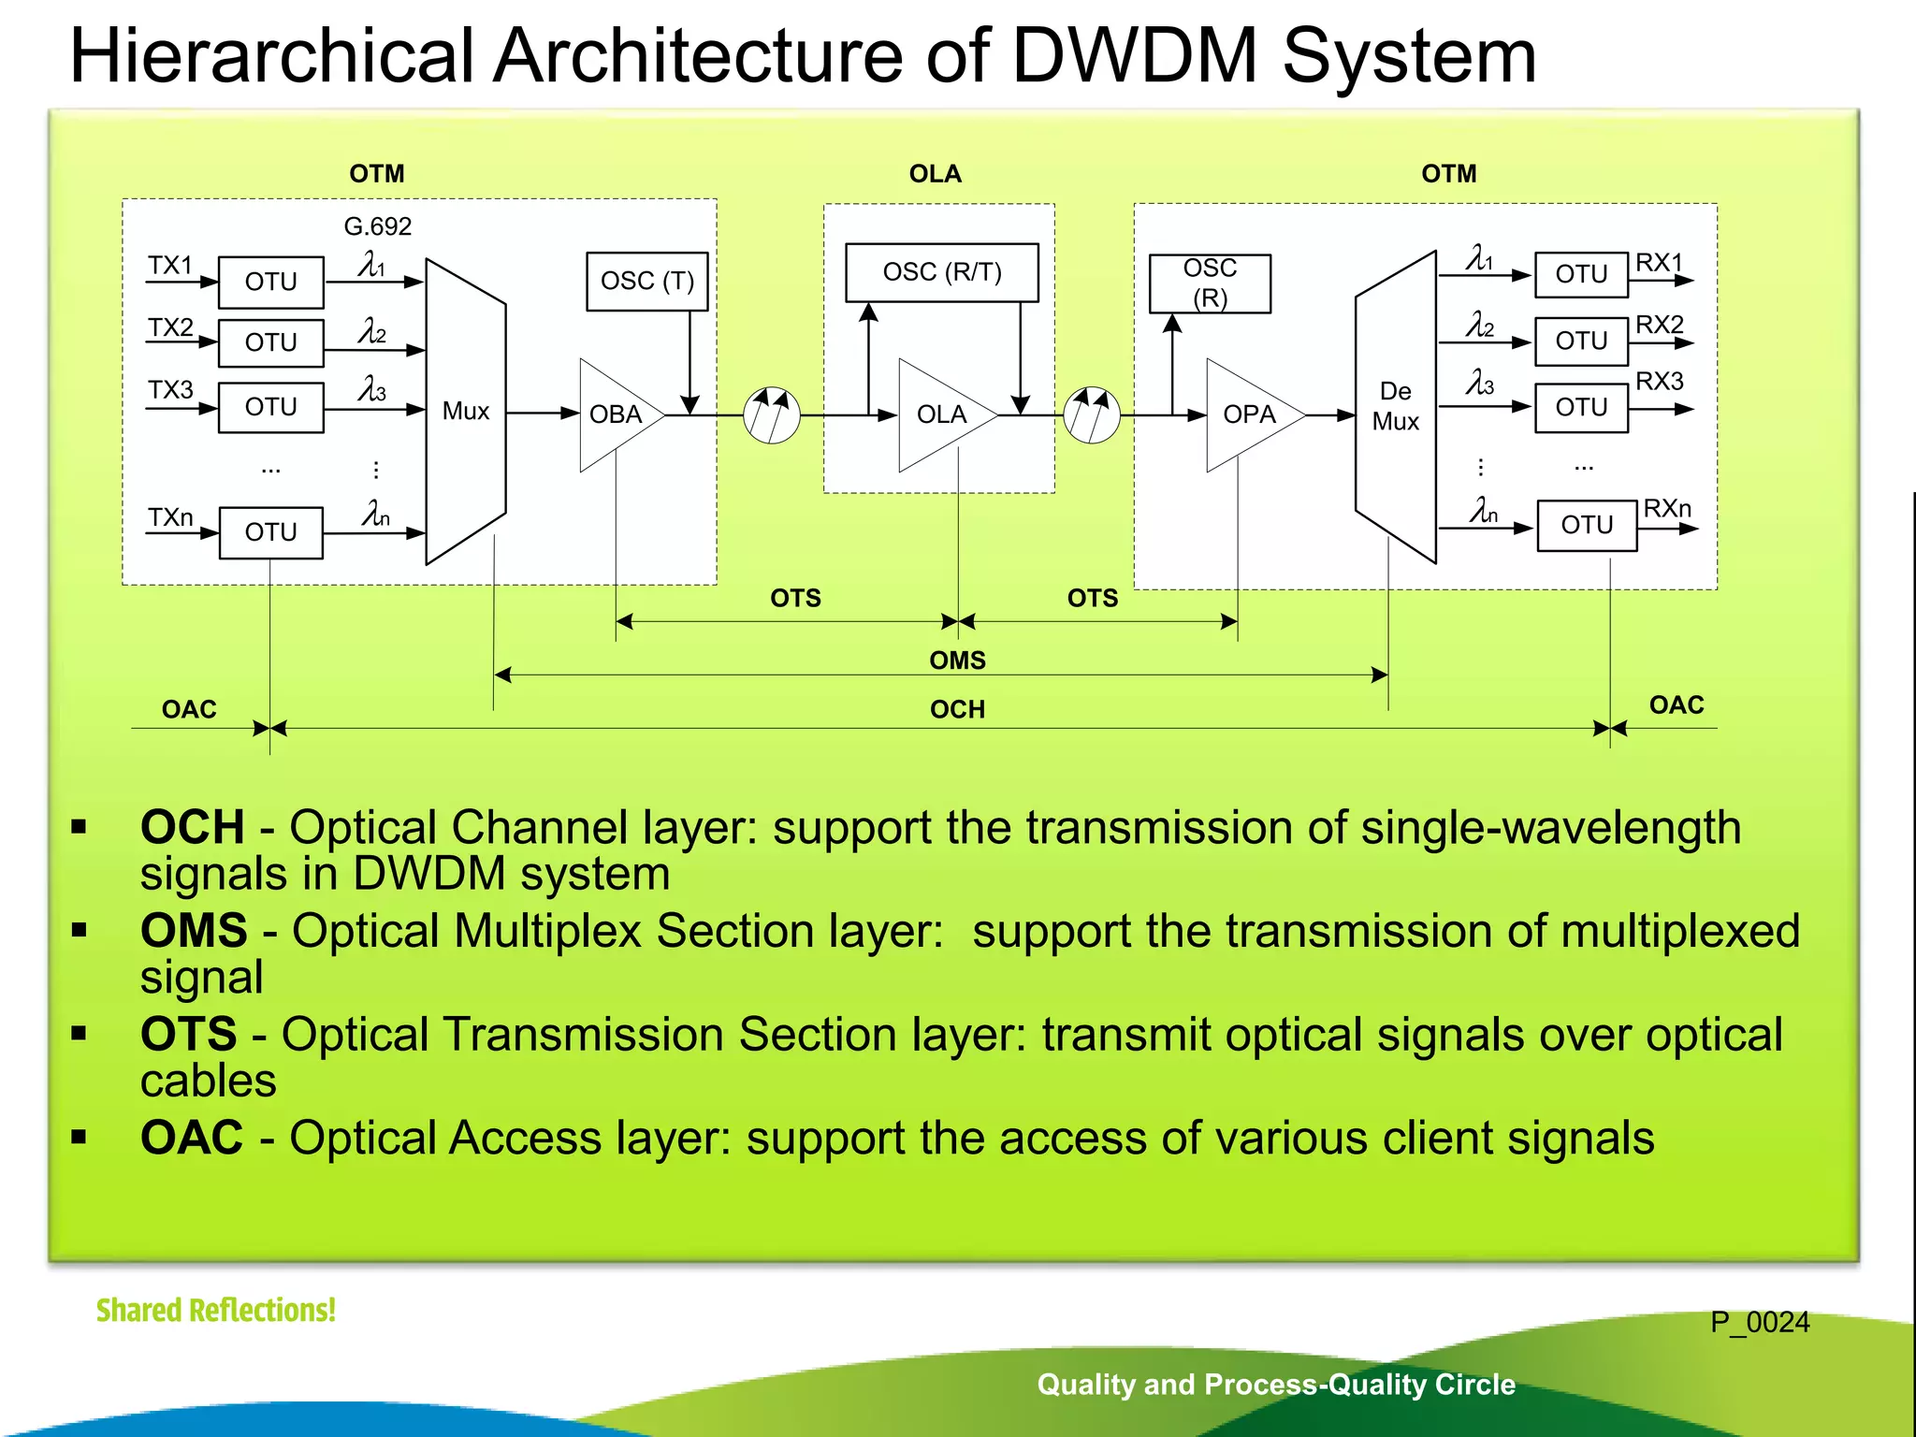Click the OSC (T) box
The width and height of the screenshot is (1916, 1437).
tap(646, 281)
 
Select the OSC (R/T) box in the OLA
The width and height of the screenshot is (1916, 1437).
tap(941, 272)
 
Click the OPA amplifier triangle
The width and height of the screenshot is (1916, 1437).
tap(1248, 414)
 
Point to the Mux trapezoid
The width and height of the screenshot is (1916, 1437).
tap(466, 412)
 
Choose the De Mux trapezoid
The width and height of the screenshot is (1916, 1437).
tap(1395, 407)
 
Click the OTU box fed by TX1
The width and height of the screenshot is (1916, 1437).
tap(270, 282)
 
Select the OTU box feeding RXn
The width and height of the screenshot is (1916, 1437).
tap(1587, 525)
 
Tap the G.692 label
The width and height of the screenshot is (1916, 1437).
tap(377, 226)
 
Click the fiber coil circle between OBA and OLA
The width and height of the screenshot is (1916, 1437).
tap(771, 415)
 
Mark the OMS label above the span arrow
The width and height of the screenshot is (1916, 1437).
tap(957, 660)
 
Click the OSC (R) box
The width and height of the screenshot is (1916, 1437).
tap(1210, 283)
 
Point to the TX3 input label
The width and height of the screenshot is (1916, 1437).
tap(170, 389)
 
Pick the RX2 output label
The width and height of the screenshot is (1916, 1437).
tap(1659, 325)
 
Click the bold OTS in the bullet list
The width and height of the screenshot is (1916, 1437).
tap(189, 1035)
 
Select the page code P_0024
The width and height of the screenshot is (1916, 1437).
tap(1759, 1322)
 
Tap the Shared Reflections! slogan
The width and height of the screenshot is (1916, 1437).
tap(215, 1310)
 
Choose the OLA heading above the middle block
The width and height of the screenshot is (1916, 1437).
tap(935, 174)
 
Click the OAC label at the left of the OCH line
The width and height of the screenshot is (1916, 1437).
tap(189, 709)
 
